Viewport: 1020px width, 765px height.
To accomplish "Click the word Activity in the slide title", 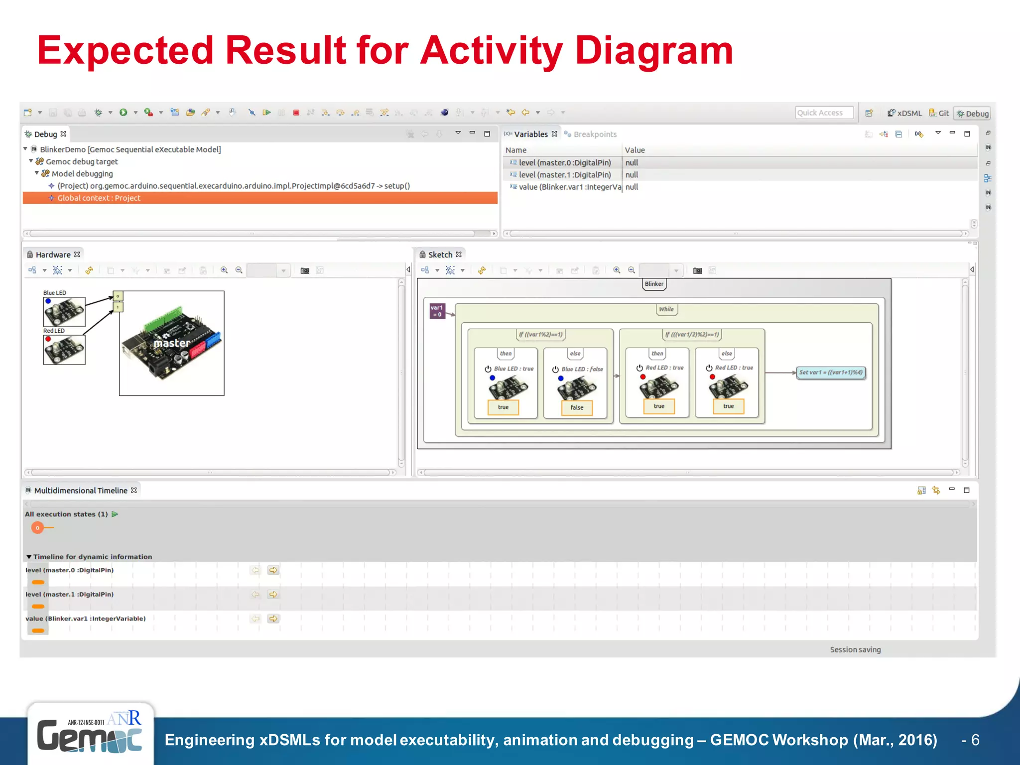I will (491, 51).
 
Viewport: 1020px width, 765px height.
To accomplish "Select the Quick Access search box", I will (823, 113).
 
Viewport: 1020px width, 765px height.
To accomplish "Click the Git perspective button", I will (939, 113).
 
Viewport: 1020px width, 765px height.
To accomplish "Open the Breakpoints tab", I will (594, 134).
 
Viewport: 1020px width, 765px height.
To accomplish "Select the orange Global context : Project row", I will (259, 198).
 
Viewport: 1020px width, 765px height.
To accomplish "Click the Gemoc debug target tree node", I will (82, 162).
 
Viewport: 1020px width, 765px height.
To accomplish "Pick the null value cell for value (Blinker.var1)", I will (632, 187).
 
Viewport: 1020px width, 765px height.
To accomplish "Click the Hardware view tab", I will (53, 255).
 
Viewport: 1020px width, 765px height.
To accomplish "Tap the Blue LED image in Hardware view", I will (64, 312).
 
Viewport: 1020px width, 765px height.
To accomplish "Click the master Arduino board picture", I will (171, 343).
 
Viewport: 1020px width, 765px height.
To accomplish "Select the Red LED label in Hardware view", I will (54, 331).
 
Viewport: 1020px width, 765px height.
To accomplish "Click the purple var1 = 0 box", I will (437, 311).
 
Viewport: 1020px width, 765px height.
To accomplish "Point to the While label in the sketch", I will (666, 309).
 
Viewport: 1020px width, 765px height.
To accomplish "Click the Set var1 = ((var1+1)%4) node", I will (831, 373).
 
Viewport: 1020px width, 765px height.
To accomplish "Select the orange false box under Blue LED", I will (577, 407).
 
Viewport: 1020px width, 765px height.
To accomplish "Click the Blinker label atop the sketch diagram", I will (654, 284).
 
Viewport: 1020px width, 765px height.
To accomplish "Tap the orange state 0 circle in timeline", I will (37, 528).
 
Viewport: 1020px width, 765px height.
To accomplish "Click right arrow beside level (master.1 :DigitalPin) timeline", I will (273, 595).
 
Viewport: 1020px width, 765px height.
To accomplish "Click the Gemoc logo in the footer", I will (90, 734).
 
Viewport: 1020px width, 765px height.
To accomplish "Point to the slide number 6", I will (975, 740).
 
